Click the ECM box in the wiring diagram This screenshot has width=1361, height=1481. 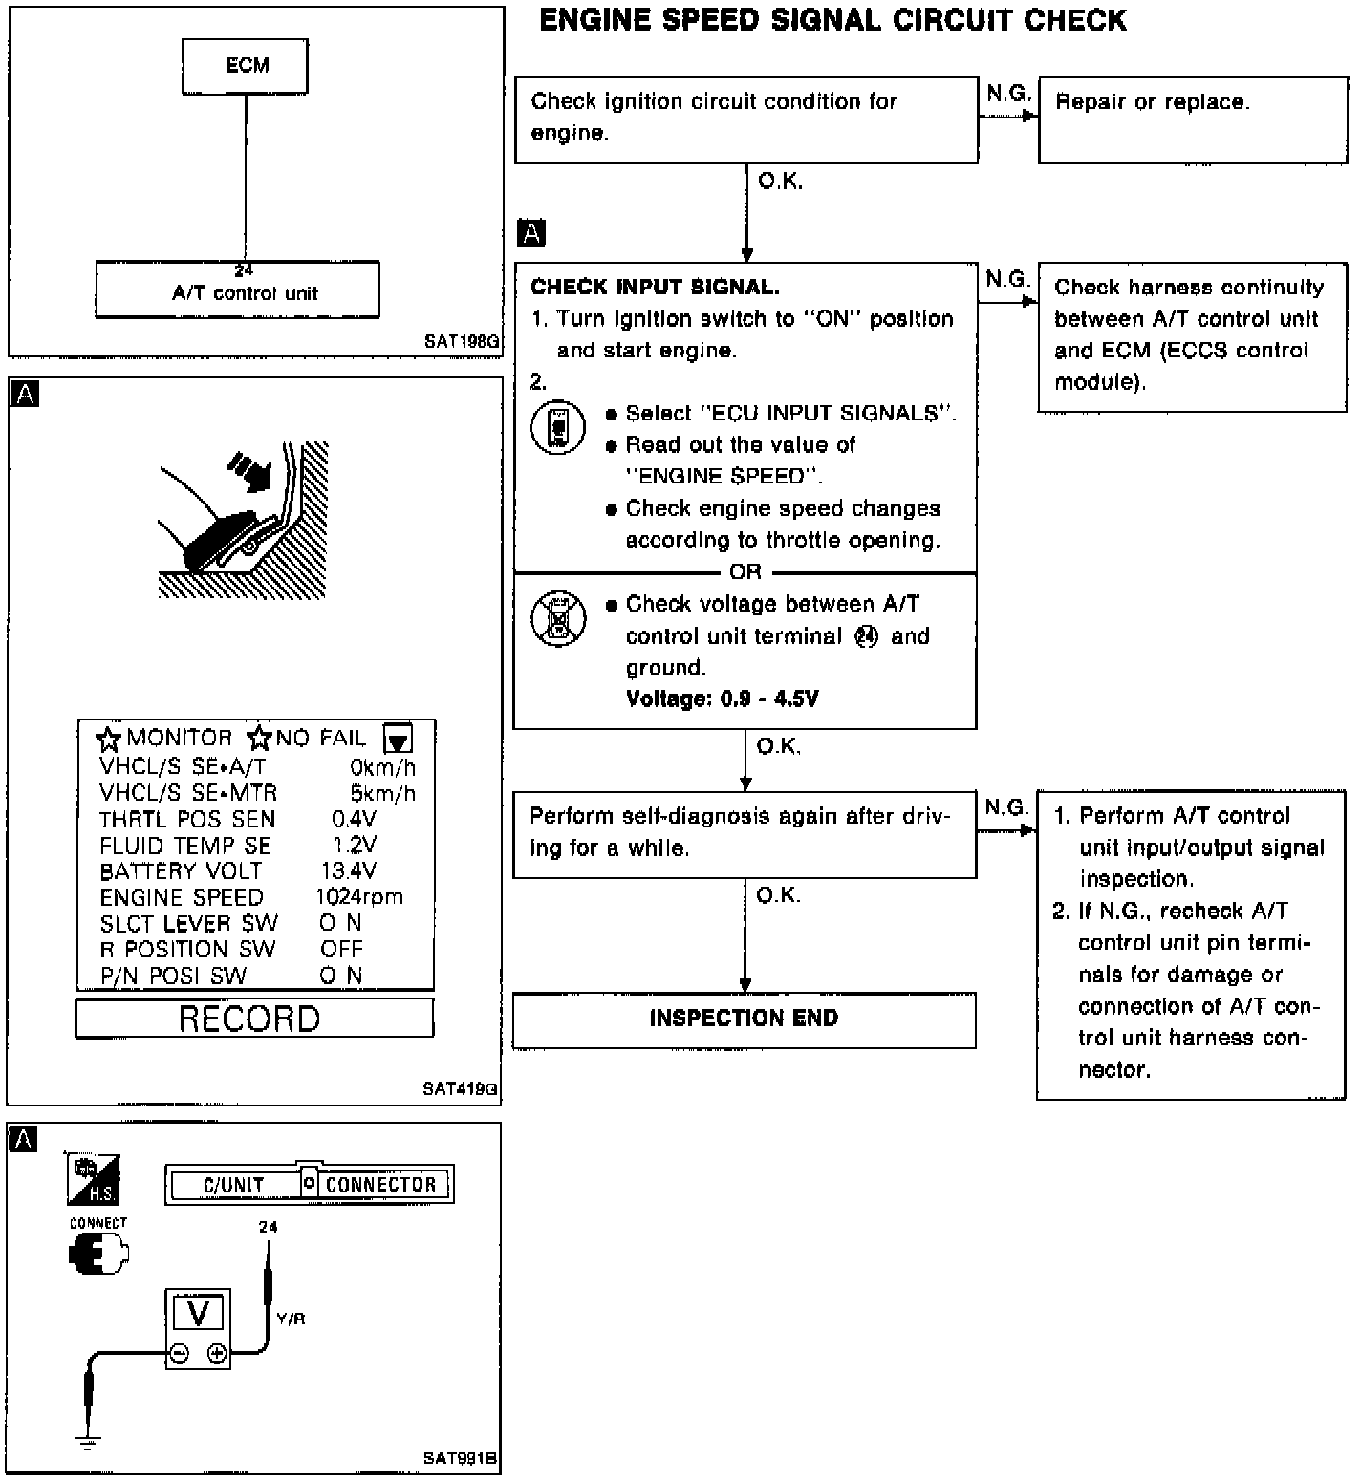tap(247, 66)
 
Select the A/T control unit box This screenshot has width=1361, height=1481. tap(237, 290)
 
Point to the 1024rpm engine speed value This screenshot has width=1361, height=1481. tap(358, 897)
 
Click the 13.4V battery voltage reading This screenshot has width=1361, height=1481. tap(348, 870)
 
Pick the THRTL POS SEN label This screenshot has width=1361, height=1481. tap(187, 819)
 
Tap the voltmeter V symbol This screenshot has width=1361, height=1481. tap(198, 1313)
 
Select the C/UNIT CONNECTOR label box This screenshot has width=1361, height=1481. tap(309, 1185)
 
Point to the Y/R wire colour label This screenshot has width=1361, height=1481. tap(291, 1319)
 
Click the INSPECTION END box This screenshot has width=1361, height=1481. tap(744, 1019)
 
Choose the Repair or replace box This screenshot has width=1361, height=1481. tap(1192, 119)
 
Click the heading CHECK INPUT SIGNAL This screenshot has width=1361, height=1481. tap(655, 287)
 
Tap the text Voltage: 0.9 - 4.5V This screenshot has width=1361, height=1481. tap(722, 698)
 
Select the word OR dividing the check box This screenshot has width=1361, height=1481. tap(745, 572)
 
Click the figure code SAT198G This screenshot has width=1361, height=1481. tap(463, 341)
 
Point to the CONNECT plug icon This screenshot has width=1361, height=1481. tap(97, 1253)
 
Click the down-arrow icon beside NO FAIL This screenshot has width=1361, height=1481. tap(398, 739)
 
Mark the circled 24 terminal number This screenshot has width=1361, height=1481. tap(866, 636)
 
